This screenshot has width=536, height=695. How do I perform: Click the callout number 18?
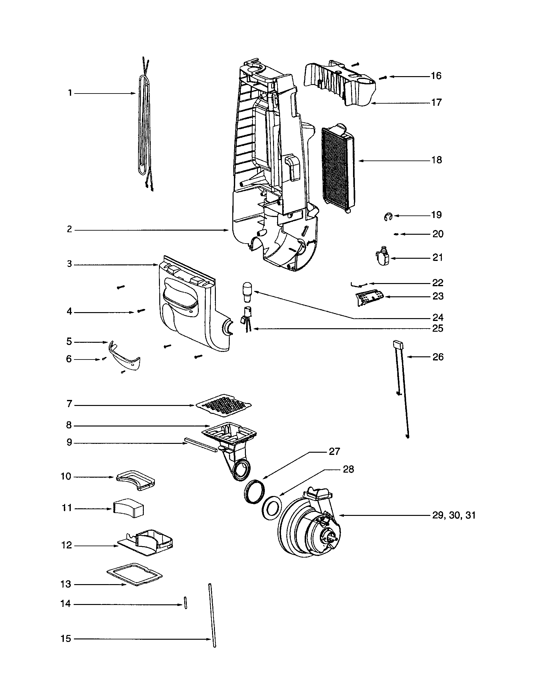coord(437,160)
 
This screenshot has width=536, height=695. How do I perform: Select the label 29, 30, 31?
coord(454,515)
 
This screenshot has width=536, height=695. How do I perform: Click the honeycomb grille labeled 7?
coord(224,406)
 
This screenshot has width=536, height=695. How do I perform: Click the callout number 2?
coord(70,229)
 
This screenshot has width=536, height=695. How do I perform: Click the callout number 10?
coord(66,477)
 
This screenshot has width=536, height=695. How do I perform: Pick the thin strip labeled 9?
coord(200,445)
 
